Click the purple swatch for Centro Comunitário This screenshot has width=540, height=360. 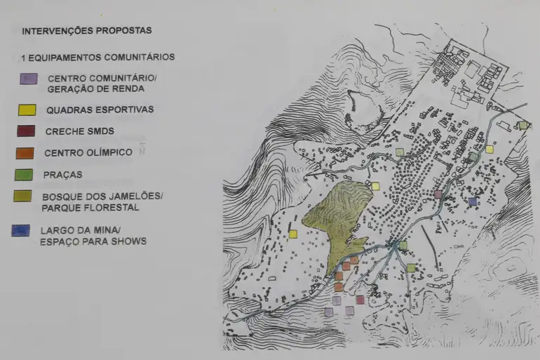28,78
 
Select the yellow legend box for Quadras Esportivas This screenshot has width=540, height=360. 26,110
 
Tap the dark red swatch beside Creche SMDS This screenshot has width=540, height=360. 25,131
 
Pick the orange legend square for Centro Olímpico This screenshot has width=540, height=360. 25,152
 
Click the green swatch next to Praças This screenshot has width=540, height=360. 24,174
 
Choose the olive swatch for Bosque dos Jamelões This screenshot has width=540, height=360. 23,196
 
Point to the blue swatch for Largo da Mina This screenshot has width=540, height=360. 21,230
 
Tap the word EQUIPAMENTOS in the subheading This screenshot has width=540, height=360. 62,57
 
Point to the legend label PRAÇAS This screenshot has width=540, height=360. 62,175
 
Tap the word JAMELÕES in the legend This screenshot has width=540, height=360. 131,196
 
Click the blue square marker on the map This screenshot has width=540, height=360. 472,201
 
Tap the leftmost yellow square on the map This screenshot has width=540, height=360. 292,234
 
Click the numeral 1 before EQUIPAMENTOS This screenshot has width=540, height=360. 24,57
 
